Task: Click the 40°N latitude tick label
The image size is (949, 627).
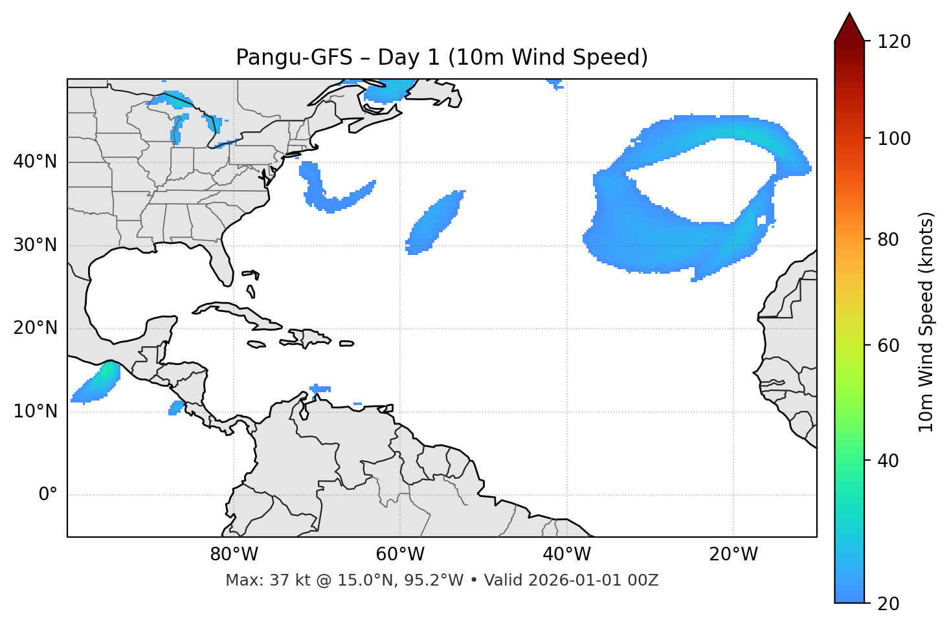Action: pos(35,162)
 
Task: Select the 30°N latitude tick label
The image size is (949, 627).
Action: pos(35,245)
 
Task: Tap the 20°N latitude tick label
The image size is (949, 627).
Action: pos(35,328)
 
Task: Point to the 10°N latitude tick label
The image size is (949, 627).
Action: pos(35,412)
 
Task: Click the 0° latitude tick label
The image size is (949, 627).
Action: pos(48,495)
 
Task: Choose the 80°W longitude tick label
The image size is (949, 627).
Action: pos(234,555)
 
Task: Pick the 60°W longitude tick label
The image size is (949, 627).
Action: pos(400,555)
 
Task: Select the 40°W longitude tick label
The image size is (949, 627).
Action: pos(566,555)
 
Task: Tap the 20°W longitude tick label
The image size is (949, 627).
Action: pos(733,555)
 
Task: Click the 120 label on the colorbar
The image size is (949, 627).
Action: pos(893,41)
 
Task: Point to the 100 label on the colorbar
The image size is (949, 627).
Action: pos(893,138)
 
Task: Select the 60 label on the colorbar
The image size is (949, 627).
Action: pos(888,346)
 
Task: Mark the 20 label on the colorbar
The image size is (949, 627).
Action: pos(888,604)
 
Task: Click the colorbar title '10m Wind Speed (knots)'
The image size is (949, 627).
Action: pos(926,322)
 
